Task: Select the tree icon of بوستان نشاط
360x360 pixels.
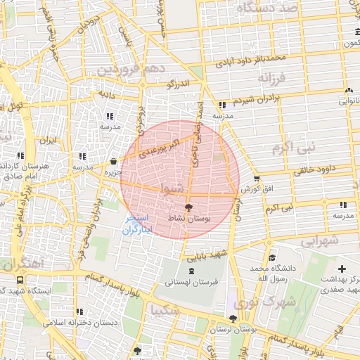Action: [188, 207]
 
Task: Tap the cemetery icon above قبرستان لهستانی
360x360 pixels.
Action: [192, 271]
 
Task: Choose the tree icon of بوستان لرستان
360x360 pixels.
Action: [233, 319]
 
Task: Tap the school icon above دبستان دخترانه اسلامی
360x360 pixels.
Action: [79, 311]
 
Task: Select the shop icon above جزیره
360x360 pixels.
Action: [114, 161]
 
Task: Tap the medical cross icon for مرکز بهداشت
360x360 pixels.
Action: [342, 269]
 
